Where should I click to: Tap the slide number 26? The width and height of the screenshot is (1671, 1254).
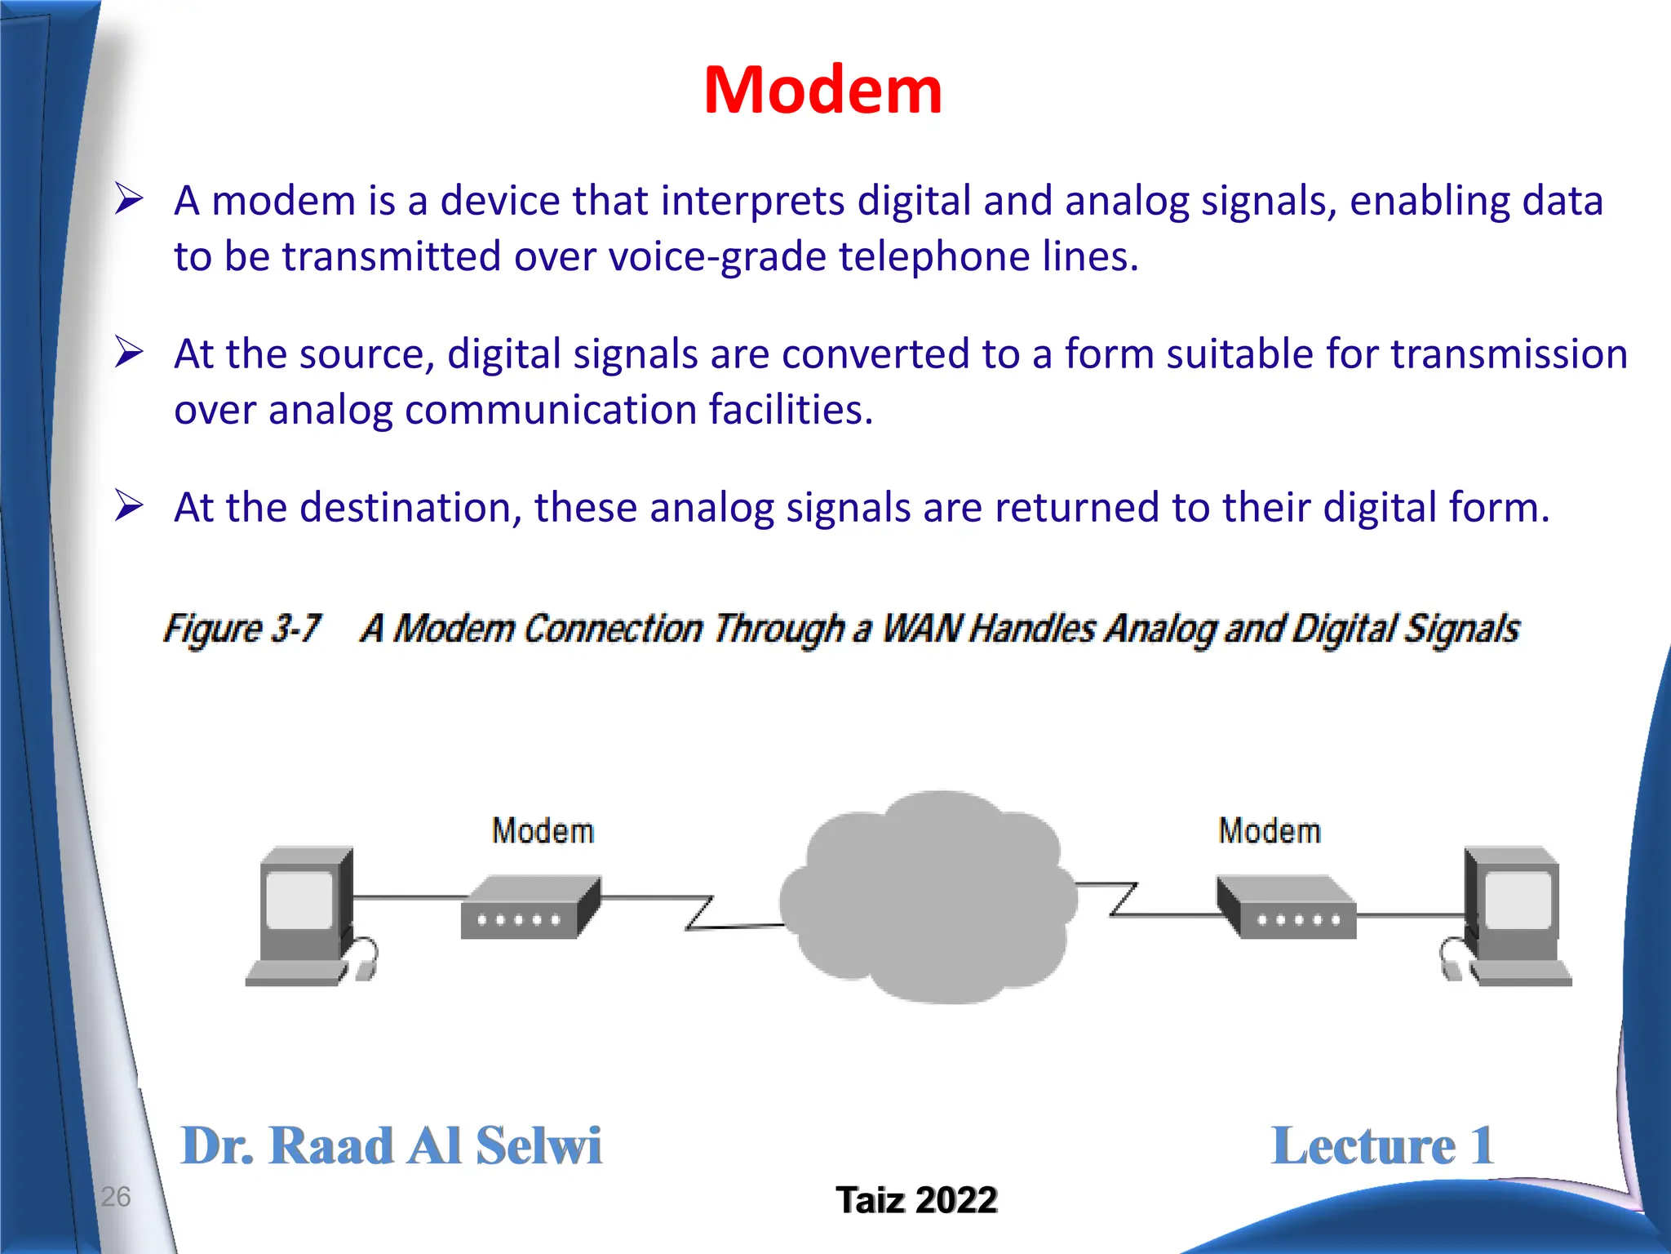coord(115,1196)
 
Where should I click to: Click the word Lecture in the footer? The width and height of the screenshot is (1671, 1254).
coord(1363,1145)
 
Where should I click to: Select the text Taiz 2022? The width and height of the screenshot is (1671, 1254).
coord(915,1200)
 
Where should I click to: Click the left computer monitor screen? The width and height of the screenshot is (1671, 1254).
coord(299,900)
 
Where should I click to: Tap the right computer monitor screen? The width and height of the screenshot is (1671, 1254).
coord(1517,900)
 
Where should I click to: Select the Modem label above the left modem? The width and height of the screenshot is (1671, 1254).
coord(543,831)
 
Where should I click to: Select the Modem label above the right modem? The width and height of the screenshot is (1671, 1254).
coord(1269,831)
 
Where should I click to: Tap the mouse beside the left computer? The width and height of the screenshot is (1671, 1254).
coord(365,969)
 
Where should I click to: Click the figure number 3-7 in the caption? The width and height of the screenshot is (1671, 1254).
coord(295,629)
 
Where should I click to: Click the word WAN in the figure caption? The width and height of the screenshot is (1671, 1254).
coord(922,629)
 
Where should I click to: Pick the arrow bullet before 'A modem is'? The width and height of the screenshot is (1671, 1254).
coord(129,198)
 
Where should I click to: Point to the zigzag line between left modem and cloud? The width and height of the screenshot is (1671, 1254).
coord(700,913)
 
